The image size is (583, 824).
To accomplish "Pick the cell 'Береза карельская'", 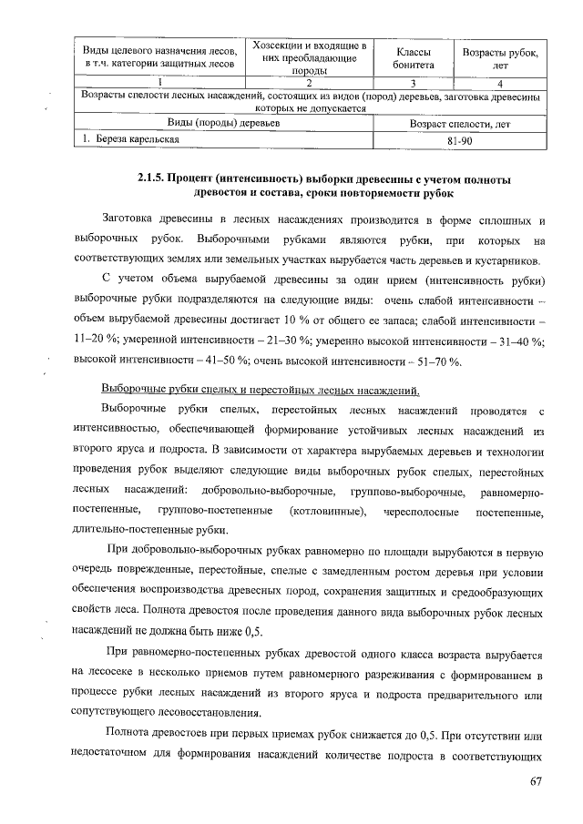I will click(127, 141).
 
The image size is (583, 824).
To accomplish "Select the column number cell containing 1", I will click(159, 85).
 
